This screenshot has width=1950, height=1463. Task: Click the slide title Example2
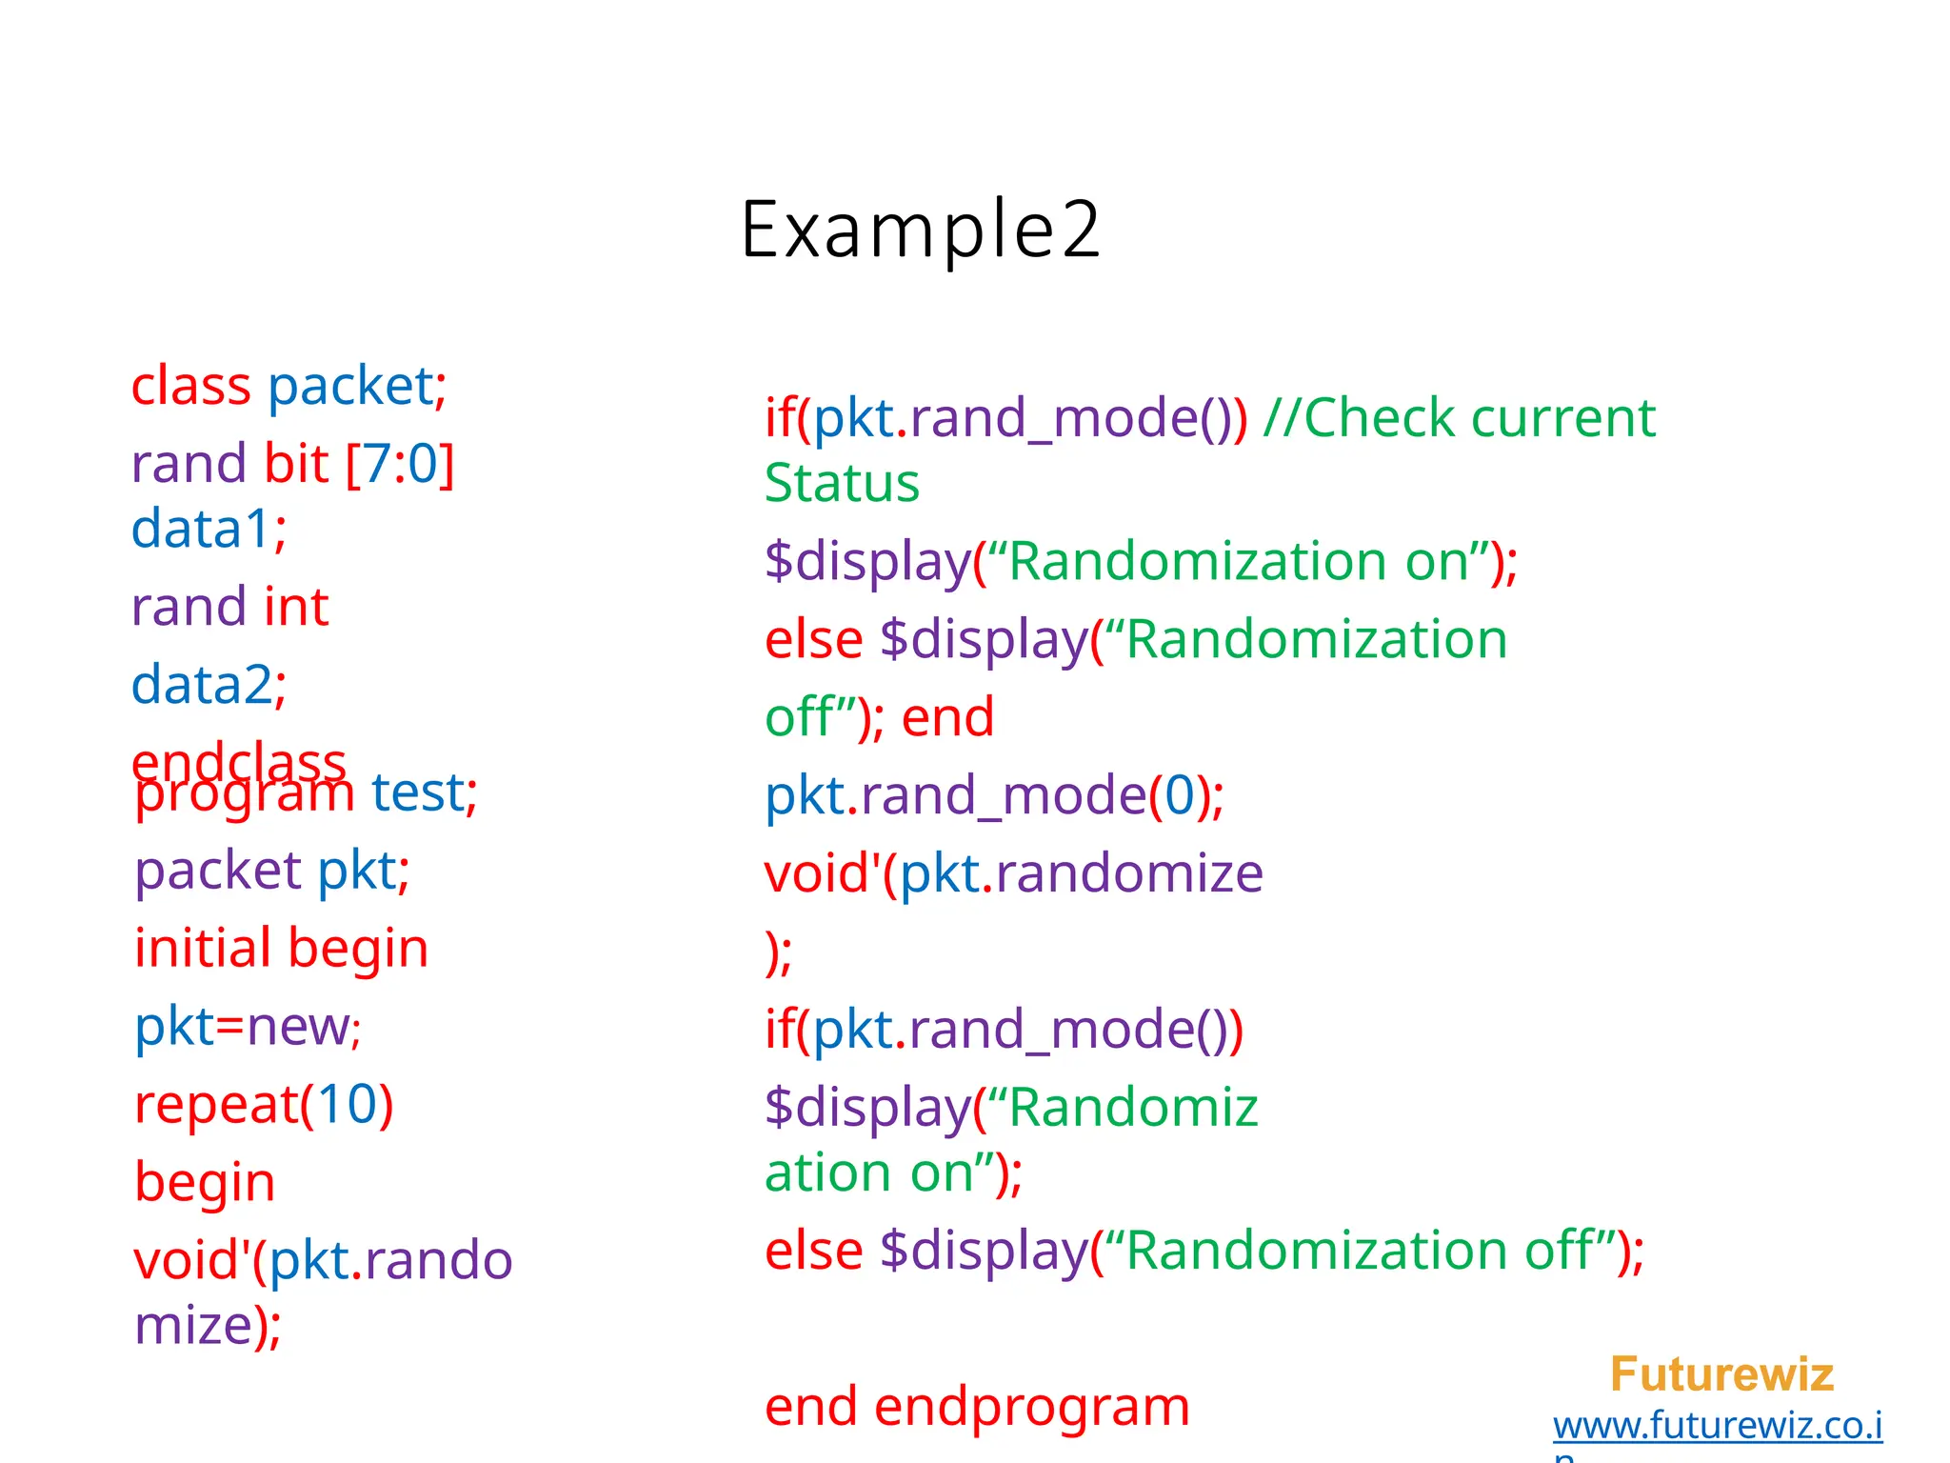click(x=920, y=230)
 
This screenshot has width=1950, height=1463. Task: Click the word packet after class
click(x=349, y=387)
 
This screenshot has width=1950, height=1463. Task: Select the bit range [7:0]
click(x=400, y=465)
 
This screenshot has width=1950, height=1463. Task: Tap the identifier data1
click(x=201, y=530)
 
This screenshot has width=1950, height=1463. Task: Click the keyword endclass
click(x=238, y=758)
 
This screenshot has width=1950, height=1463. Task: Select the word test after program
click(x=418, y=792)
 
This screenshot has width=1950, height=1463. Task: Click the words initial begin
click(x=281, y=949)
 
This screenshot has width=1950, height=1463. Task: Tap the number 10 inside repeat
click(x=347, y=1105)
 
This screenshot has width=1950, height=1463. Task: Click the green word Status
click(x=842, y=484)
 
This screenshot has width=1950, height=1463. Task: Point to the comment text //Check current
click(x=1459, y=418)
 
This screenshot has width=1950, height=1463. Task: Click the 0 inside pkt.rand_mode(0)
click(x=1179, y=795)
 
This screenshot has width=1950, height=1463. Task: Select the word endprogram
click(x=1031, y=1407)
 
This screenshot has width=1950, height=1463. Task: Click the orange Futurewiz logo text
click(x=1721, y=1374)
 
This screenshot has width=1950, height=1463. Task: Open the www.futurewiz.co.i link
click(x=1717, y=1426)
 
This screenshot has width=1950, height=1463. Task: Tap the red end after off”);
click(x=947, y=717)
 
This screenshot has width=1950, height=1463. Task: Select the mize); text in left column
click(x=208, y=1326)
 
